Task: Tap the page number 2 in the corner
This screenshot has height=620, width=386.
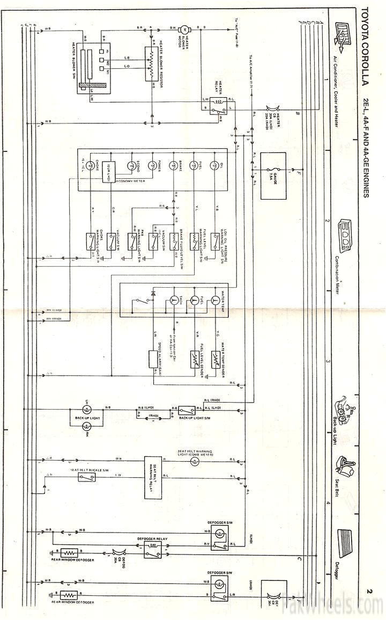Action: pyautogui.click(x=369, y=591)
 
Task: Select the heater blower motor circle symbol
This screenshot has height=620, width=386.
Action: pyautogui.click(x=181, y=28)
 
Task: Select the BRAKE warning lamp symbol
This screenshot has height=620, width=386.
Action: pyautogui.click(x=173, y=165)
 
